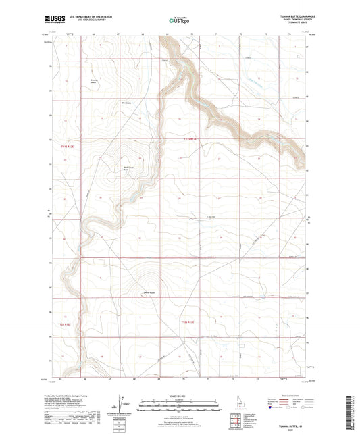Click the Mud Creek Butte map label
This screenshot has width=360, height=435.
[126, 169]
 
